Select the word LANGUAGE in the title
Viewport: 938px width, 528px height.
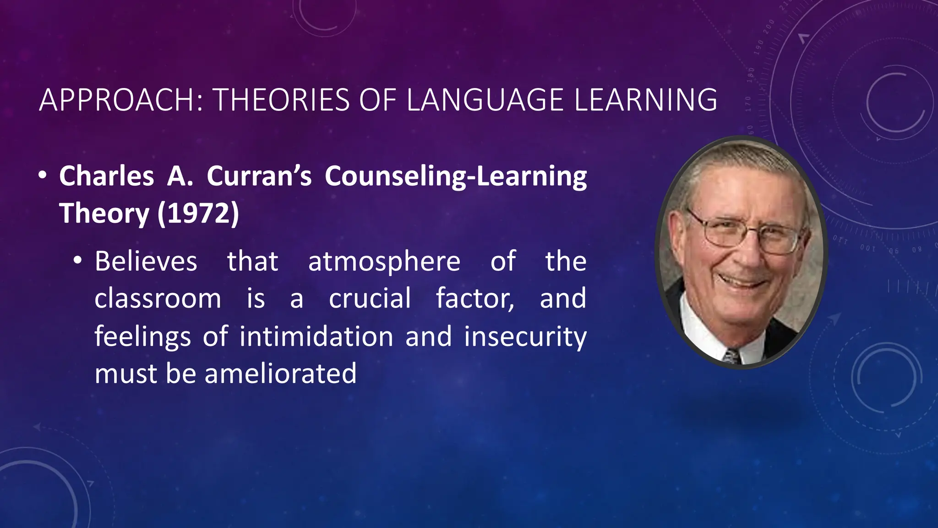point(485,100)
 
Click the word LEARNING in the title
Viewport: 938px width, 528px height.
point(645,100)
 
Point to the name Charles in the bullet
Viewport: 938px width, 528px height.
point(106,176)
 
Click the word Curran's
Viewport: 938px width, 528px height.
point(259,176)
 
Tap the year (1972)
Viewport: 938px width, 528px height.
point(198,214)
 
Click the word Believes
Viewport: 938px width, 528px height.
point(146,261)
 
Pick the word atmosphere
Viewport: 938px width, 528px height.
point(384,262)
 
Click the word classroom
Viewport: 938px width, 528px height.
point(158,299)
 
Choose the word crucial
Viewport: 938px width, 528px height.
point(370,299)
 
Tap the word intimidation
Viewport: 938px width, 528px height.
point(316,336)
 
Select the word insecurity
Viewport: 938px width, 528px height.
point(525,337)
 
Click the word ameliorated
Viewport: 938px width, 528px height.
point(280,374)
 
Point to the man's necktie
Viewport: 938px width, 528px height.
point(731,356)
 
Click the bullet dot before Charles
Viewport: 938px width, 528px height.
point(43,176)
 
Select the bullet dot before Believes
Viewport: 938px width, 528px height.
point(78,260)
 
